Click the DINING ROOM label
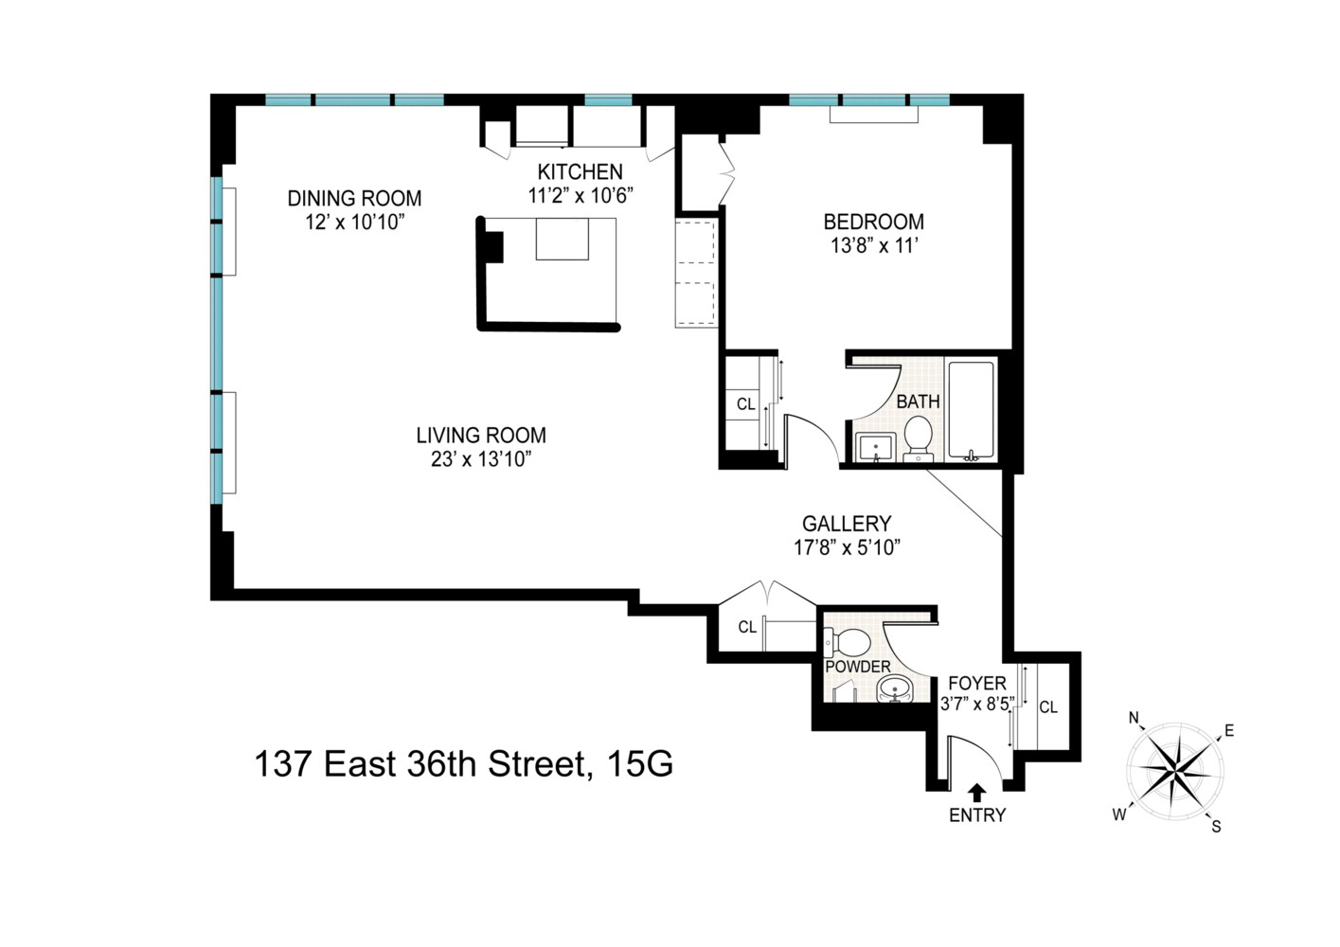(354, 198)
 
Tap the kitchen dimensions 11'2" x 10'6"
(580, 196)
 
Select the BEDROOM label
(873, 222)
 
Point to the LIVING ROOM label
(481, 436)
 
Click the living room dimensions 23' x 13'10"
(481, 460)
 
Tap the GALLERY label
(847, 524)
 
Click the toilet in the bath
(918, 437)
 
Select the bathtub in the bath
(971, 409)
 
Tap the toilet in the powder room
(849, 643)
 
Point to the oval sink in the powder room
(895, 689)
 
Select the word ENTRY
(977, 814)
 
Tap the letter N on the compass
(1134, 718)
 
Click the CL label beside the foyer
(1048, 707)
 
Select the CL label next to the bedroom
(746, 404)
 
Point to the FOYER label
(977, 684)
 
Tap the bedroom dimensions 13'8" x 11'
(873, 246)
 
